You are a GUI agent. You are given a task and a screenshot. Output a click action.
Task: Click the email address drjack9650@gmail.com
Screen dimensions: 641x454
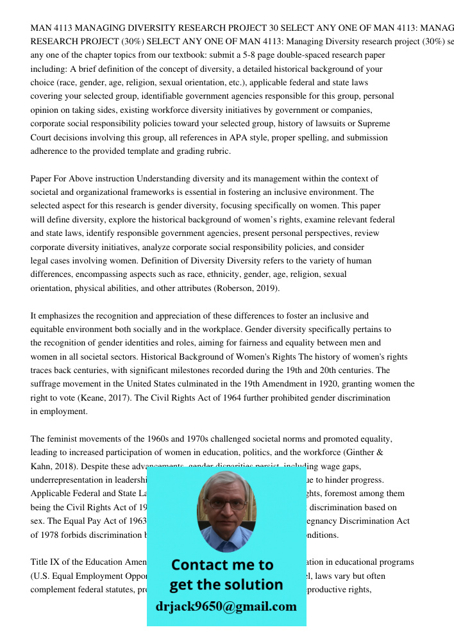226,606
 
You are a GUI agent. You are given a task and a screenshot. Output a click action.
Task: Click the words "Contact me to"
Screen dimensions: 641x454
222,565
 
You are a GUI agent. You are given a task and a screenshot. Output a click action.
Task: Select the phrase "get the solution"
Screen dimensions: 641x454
226,585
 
